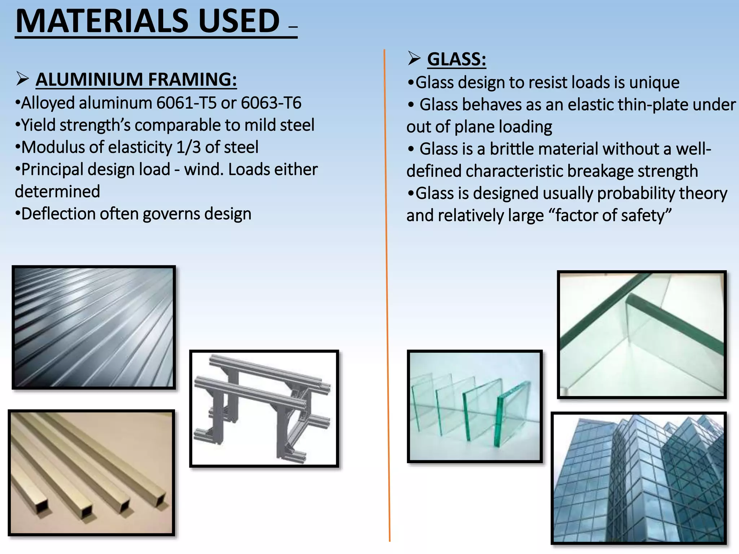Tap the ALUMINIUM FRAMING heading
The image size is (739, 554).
[136, 79]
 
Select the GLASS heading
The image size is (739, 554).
[456, 59]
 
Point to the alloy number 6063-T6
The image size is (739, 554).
[271, 103]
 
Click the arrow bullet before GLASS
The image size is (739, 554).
[414, 58]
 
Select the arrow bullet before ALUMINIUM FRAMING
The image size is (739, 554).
[22, 79]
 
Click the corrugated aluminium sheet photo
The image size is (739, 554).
[94, 327]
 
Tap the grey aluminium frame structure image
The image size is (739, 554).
[264, 408]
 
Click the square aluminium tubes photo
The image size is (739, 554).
[91, 472]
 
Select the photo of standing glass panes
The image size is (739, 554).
[475, 406]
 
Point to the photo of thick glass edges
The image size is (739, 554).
[641, 334]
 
